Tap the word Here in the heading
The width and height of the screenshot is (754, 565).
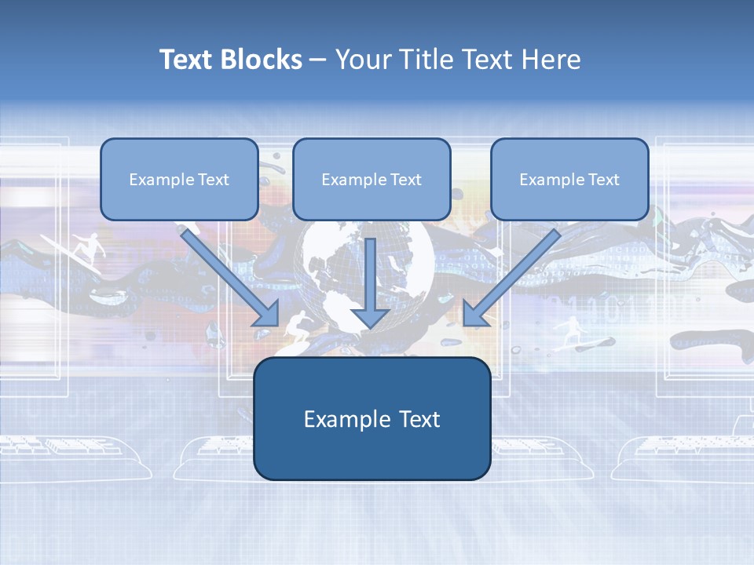[x=553, y=60]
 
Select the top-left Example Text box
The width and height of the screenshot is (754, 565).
[x=179, y=179]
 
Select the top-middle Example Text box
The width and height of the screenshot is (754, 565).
[x=372, y=179]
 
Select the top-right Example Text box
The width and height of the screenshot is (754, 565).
[x=569, y=179]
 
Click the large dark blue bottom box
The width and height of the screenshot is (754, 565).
[x=372, y=418]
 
